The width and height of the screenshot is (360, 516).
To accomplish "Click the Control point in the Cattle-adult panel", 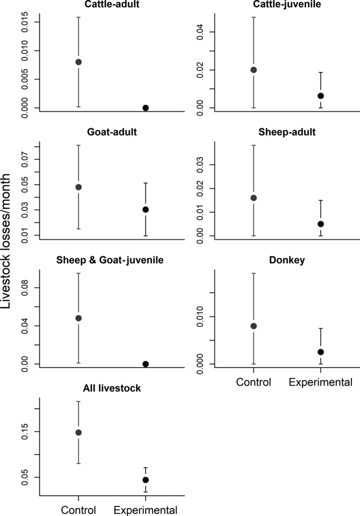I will click(x=78, y=62).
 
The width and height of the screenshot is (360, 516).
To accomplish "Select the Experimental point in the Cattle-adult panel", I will click(x=146, y=108).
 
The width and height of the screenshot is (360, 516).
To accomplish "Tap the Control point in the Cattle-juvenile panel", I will click(x=253, y=70).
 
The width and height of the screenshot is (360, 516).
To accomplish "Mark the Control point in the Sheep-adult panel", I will click(x=253, y=198).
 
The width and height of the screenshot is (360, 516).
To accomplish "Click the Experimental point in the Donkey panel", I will click(x=320, y=352).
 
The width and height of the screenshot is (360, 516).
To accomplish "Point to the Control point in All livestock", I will click(x=78, y=432).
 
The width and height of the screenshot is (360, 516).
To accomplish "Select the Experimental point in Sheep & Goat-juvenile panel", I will click(x=146, y=364).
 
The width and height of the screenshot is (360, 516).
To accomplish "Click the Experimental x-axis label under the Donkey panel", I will click(x=320, y=382).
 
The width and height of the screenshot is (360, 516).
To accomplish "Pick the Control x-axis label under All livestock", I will click(x=78, y=509).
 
